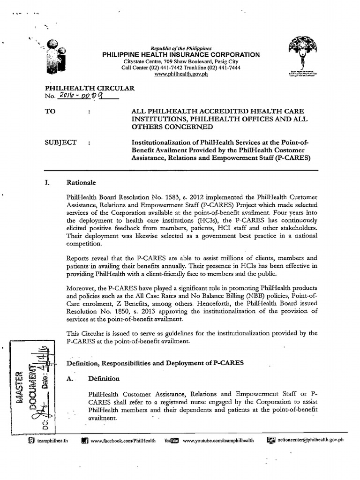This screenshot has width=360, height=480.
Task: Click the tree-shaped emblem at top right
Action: [x=302, y=55]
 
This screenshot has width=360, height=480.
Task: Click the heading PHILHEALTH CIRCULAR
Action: [x=89, y=88]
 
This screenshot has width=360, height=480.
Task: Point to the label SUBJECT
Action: [x=60, y=142]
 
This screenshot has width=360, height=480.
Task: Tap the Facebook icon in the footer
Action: [x=85, y=440]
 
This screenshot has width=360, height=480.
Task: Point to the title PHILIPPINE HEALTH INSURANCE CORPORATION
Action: [x=181, y=55]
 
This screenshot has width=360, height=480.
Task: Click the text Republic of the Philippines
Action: [x=181, y=48]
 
